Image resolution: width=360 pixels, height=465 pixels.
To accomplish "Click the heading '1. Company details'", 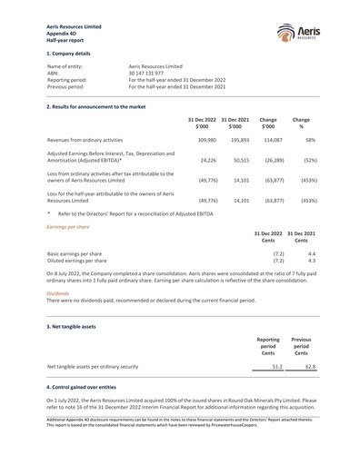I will click(x=69, y=54).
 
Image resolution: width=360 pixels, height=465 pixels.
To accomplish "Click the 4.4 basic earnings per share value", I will click(x=311, y=253).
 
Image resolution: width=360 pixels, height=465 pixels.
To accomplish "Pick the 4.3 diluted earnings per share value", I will click(x=311, y=261).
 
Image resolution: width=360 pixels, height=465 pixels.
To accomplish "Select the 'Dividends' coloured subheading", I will click(x=57, y=294).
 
